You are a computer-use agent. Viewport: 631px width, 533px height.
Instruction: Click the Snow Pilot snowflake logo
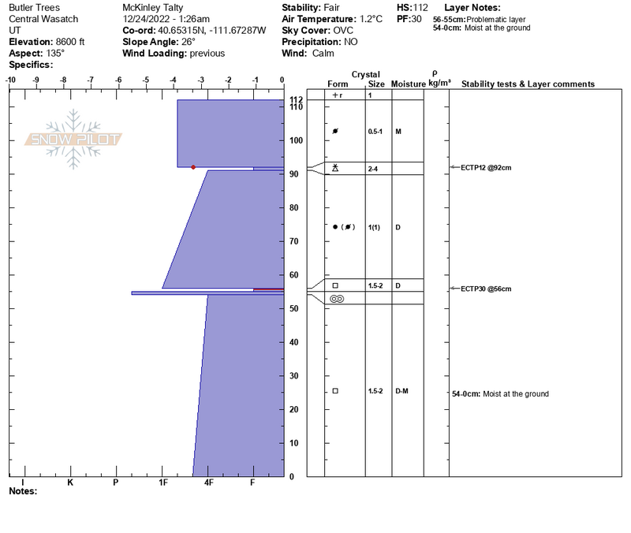tap(73, 139)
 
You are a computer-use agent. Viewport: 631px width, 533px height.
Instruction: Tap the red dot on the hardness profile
tap(193, 167)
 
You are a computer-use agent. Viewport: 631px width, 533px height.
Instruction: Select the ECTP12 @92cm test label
tap(486, 168)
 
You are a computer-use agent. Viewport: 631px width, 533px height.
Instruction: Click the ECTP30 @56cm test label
tap(486, 289)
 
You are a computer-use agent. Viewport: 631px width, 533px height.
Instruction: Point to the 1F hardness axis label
tap(162, 483)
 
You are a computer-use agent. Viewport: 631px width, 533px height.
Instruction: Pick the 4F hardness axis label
tap(208, 483)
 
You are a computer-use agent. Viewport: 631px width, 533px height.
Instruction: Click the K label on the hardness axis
tap(70, 483)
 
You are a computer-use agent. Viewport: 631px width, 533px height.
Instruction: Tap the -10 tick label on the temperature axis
tap(10, 80)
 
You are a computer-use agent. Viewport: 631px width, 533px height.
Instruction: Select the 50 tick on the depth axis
tap(293, 308)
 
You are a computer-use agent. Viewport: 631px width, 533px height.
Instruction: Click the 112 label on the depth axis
tap(296, 99)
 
